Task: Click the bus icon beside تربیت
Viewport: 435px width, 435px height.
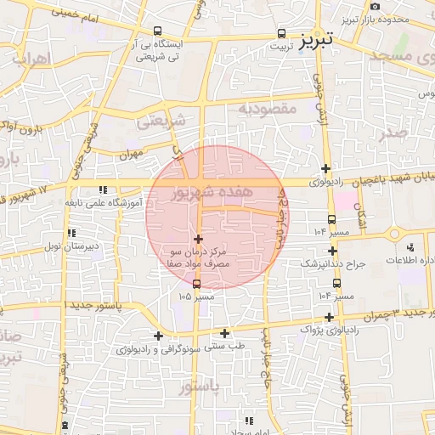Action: (x=281, y=33)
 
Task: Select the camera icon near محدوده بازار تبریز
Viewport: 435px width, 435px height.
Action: (x=375, y=8)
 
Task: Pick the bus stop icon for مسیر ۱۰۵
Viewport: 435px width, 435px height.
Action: (x=197, y=284)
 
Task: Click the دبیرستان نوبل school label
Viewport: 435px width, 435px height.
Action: (x=72, y=246)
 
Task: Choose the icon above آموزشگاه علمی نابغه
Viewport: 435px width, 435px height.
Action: (x=103, y=189)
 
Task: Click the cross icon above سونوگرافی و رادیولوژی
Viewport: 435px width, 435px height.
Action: (x=158, y=336)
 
